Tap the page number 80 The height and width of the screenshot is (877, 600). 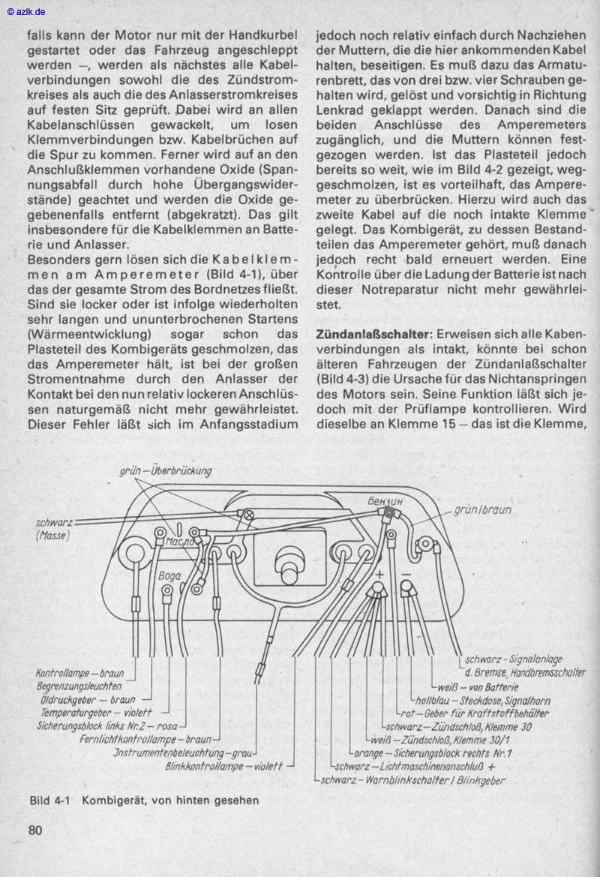[35, 830]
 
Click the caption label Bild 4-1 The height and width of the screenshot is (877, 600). [49, 800]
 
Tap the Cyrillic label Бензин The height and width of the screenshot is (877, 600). [386, 499]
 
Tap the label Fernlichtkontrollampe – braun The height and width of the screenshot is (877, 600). [145, 739]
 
